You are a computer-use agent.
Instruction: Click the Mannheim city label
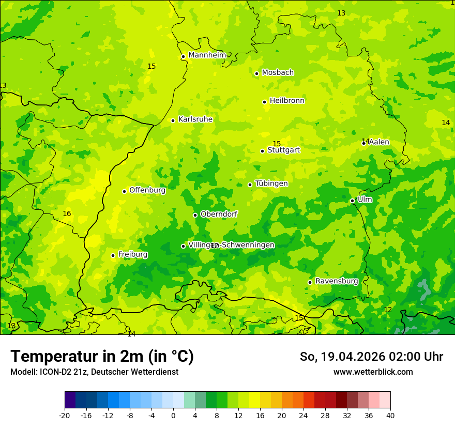click(207, 55)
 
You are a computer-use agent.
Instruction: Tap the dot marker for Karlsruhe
click(173, 120)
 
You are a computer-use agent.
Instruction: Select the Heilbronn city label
click(287, 101)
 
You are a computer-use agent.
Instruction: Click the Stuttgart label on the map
click(283, 150)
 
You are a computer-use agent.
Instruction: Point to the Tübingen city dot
click(250, 185)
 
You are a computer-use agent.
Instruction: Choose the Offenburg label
click(147, 190)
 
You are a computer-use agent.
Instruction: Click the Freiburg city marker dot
click(113, 255)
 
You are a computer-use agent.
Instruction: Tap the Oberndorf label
click(219, 214)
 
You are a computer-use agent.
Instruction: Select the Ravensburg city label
click(337, 281)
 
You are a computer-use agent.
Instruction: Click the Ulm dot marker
click(352, 201)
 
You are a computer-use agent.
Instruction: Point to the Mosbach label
click(278, 73)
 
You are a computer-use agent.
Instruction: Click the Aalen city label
click(378, 142)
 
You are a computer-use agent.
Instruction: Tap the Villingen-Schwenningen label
click(231, 245)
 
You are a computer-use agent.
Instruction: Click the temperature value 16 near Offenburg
click(67, 213)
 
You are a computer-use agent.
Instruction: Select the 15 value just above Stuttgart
click(277, 144)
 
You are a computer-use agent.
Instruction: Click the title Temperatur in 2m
click(102, 357)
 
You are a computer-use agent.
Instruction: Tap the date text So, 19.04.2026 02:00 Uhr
click(371, 357)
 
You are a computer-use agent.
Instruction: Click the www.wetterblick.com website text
click(373, 372)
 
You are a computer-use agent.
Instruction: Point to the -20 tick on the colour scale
click(65, 416)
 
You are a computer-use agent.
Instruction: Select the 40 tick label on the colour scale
click(390, 416)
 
